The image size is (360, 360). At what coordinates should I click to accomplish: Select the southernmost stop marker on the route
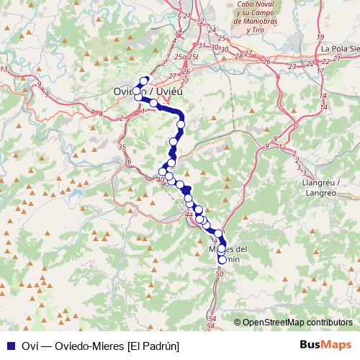[x=222, y=260]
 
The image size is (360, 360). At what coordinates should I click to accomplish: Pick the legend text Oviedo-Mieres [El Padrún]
[x=101, y=346]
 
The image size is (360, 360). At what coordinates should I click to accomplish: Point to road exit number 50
[x=219, y=274]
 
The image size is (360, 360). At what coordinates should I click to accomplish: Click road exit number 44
[x=189, y=214]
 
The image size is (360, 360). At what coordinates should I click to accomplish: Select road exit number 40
[x=160, y=179]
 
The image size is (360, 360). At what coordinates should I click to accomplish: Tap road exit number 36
[x=128, y=162]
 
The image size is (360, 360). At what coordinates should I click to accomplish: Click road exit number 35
[x=121, y=147]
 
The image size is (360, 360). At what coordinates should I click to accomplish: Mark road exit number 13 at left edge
[x=4, y=68]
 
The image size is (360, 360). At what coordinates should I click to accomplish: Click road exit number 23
[x=292, y=66]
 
